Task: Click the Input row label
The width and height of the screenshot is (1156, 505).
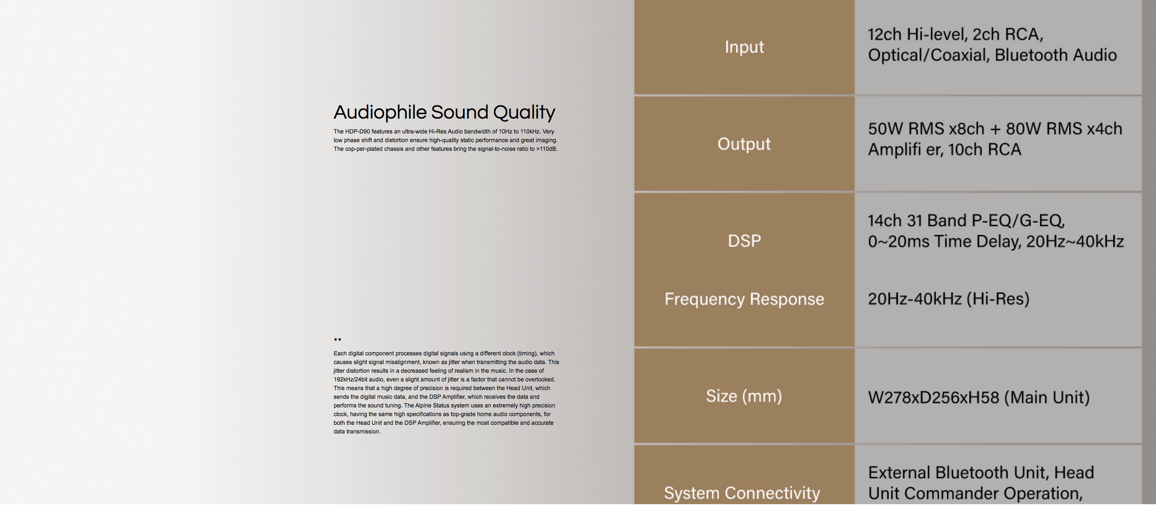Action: tap(744, 47)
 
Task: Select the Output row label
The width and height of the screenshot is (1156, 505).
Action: tap(744, 144)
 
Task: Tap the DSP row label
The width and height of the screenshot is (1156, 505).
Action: tap(744, 241)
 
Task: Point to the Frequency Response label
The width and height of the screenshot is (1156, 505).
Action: tap(744, 299)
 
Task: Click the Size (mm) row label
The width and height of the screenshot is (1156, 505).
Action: tap(744, 396)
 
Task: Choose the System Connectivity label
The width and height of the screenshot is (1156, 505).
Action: tap(742, 493)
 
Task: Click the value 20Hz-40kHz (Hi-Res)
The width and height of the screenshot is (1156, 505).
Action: tap(948, 299)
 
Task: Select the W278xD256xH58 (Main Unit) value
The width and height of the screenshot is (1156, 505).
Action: tap(979, 398)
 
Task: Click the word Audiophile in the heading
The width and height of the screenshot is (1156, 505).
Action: tap(380, 112)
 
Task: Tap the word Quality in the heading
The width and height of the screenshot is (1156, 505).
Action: tap(524, 112)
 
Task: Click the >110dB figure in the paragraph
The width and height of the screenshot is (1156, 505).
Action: tap(547, 149)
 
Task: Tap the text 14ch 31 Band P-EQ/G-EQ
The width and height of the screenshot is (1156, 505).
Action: tap(966, 221)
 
